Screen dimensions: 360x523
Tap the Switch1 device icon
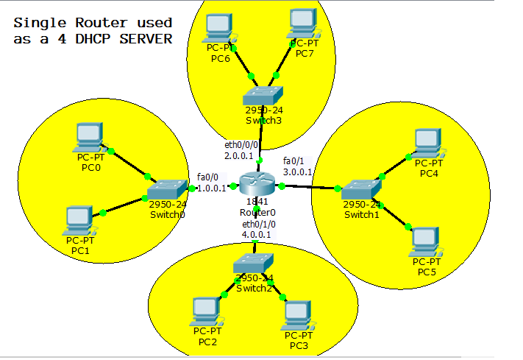pos(360,188)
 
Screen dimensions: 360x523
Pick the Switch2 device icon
pos(254,264)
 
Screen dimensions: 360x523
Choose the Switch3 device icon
pos(263,95)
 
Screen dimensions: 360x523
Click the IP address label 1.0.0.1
pos(211,188)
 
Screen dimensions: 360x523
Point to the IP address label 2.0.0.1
pos(239,156)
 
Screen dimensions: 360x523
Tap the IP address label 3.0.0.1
pos(298,172)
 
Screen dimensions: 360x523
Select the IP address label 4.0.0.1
pos(257,235)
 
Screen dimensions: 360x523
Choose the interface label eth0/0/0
pos(241,146)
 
